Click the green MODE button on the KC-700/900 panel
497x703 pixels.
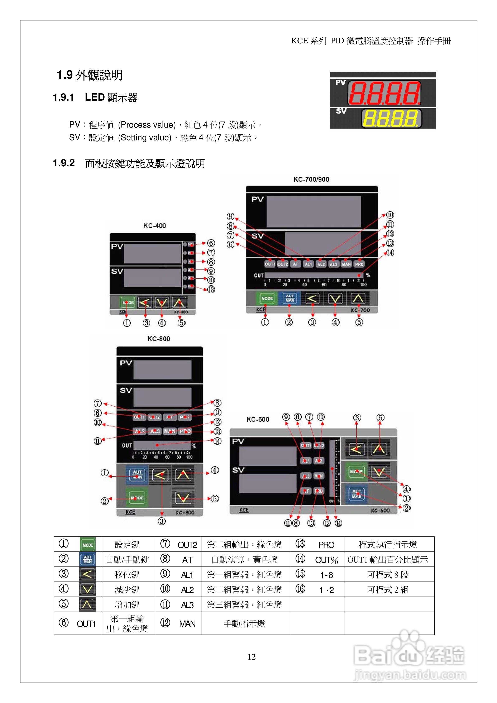pyautogui.click(x=267, y=298)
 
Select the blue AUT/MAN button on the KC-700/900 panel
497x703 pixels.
pyautogui.click(x=290, y=298)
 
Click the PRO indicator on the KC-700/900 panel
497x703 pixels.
pyautogui.click(x=359, y=264)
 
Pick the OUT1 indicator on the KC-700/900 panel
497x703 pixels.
pyautogui.click(x=270, y=264)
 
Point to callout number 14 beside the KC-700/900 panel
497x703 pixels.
pyautogui.click(x=390, y=253)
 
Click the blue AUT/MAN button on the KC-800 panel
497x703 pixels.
pyautogui.click(x=137, y=475)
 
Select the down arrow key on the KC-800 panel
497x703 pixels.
pyautogui.click(x=183, y=498)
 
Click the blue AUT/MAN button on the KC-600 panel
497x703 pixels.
pyautogui.click(x=357, y=494)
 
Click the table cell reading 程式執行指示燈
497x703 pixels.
pyautogui.click(x=388, y=545)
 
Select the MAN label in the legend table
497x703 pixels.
pyautogui.click(x=187, y=624)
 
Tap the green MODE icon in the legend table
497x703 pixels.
pyautogui.click(x=88, y=545)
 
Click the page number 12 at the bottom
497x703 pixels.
pyautogui.click(x=251, y=657)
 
